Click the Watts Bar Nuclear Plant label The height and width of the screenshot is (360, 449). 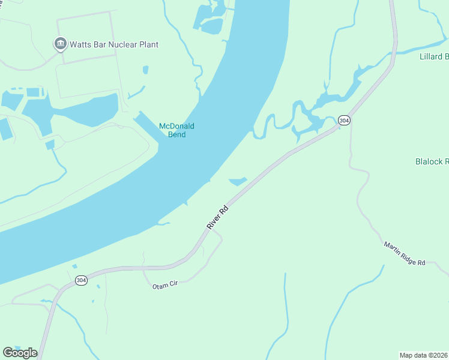point(113,44)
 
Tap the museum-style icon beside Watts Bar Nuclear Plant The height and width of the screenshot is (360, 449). point(60,44)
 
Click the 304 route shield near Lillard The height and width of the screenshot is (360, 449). point(343,121)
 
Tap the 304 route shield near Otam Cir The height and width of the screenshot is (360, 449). point(82,280)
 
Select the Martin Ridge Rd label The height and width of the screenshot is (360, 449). point(405,254)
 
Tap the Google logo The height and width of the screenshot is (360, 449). point(20,352)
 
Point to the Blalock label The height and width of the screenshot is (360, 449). point(432,161)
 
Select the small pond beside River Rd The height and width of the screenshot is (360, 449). point(238,181)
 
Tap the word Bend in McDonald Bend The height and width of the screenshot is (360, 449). point(176,134)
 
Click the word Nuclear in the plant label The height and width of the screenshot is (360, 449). point(125,44)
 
